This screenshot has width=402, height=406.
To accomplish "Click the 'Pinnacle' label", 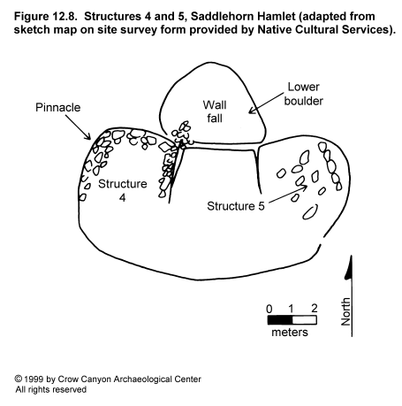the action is [x=57, y=107].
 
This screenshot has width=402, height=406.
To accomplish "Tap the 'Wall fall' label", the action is [x=215, y=111].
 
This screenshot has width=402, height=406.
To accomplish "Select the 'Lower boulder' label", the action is [x=303, y=94].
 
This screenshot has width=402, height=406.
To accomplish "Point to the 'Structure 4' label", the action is [x=123, y=190].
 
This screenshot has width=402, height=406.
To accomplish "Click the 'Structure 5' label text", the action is [x=236, y=206].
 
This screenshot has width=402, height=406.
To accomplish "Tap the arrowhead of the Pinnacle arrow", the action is [x=88, y=137].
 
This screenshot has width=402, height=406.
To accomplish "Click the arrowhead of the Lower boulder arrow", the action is [x=252, y=111].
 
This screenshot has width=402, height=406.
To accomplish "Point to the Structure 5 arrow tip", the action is [x=305, y=187].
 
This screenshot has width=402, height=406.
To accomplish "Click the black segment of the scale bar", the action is [x=280, y=320].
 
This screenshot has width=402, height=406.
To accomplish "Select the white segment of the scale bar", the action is [x=305, y=320].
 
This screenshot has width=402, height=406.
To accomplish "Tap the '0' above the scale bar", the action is [x=269, y=309].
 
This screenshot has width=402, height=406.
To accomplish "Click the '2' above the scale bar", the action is [x=315, y=309].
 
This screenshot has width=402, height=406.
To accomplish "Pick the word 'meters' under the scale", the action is [x=290, y=333].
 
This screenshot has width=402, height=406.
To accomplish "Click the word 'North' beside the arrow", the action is [x=345, y=311].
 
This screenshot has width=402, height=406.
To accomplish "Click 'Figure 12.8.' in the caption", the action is [x=46, y=16].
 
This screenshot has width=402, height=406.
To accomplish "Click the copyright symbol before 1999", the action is [x=19, y=379].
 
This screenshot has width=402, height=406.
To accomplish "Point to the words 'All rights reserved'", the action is [x=51, y=390].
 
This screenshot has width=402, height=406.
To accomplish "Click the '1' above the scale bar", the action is [x=291, y=309].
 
